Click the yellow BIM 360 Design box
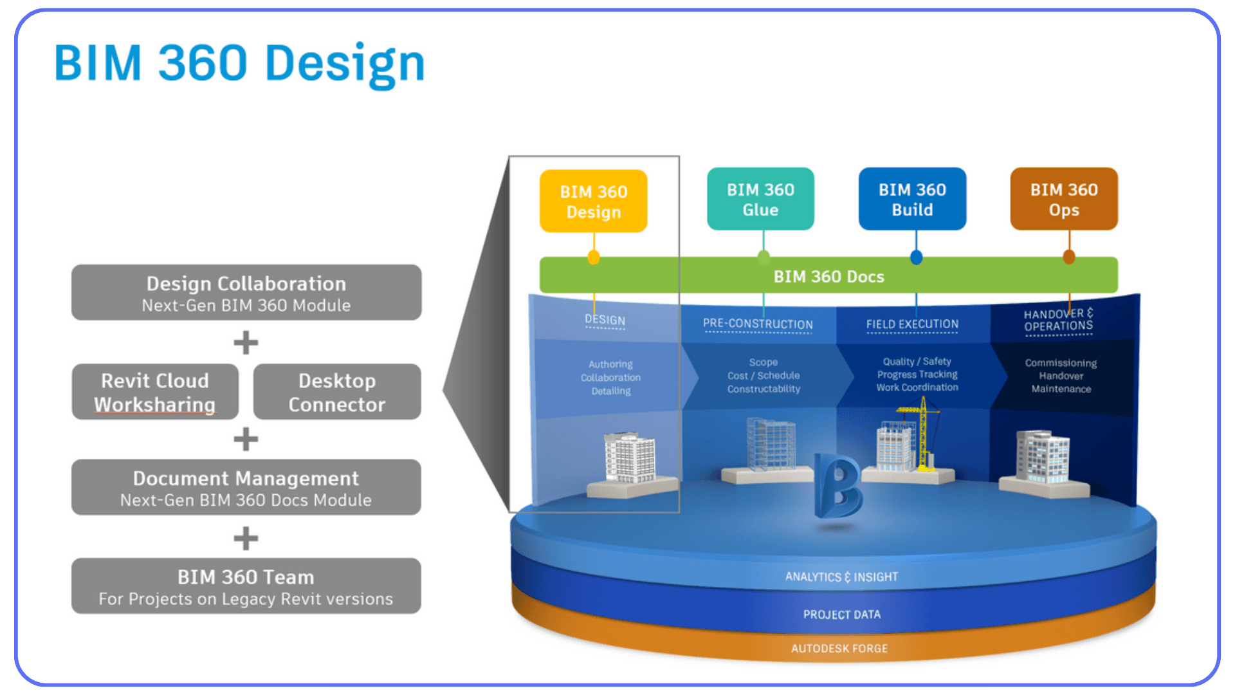(x=593, y=201)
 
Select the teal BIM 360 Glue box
(x=760, y=199)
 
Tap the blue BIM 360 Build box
(x=912, y=199)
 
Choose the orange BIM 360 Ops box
(x=1064, y=199)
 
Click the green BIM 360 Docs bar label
(x=828, y=277)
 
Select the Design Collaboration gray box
(x=246, y=293)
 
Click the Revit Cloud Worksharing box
(x=155, y=392)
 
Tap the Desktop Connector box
(x=337, y=392)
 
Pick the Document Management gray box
(x=246, y=488)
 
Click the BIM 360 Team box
(x=246, y=586)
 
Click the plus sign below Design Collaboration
(x=246, y=342)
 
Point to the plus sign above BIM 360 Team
(x=246, y=539)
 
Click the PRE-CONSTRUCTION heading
(x=758, y=324)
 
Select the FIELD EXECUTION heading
(x=912, y=324)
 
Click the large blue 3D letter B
(x=837, y=486)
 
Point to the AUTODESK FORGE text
(x=839, y=649)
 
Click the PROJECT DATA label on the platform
(x=841, y=615)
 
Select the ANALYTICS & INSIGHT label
(x=841, y=577)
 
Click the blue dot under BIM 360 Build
(x=917, y=258)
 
